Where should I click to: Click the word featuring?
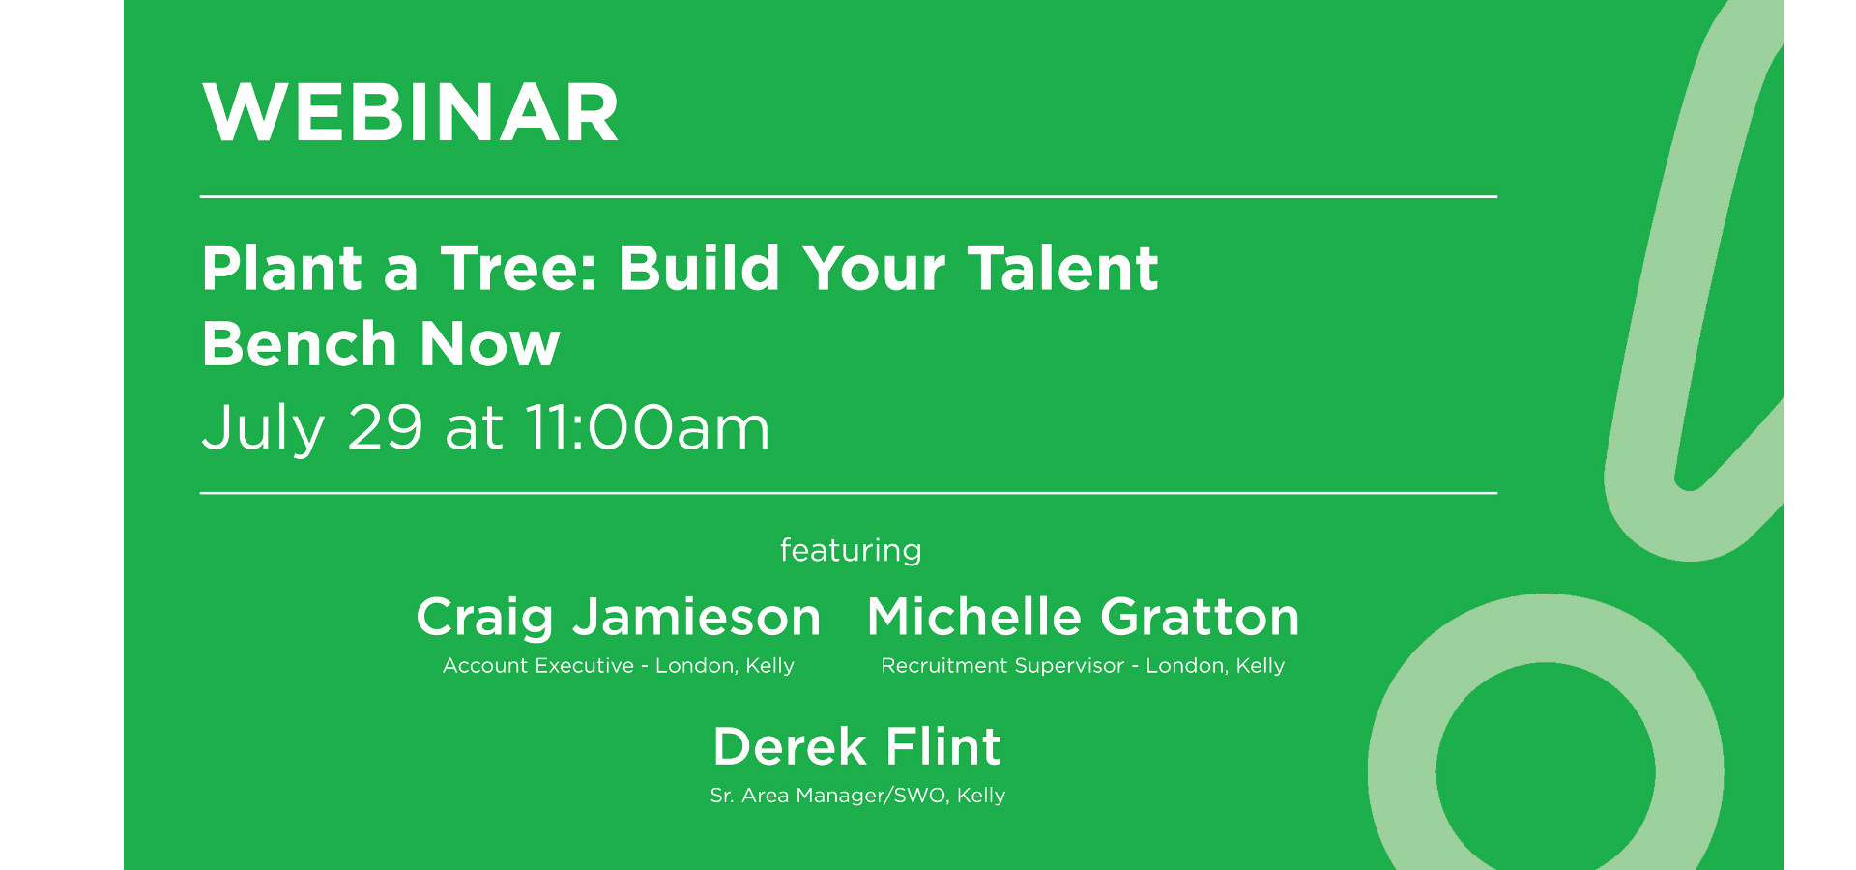pos(851,550)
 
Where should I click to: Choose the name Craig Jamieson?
pos(619,617)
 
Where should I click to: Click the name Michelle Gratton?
pos(1083,617)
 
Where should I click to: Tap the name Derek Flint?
pos(857,746)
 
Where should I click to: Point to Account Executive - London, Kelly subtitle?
pos(619,665)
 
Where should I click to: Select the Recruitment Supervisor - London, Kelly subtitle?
pos(1083,665)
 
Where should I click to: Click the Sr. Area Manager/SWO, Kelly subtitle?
pos(857,795)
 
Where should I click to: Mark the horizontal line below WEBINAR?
pos(849,196)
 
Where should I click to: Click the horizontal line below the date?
pos(849,493)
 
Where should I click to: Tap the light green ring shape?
pos(1402,773)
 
